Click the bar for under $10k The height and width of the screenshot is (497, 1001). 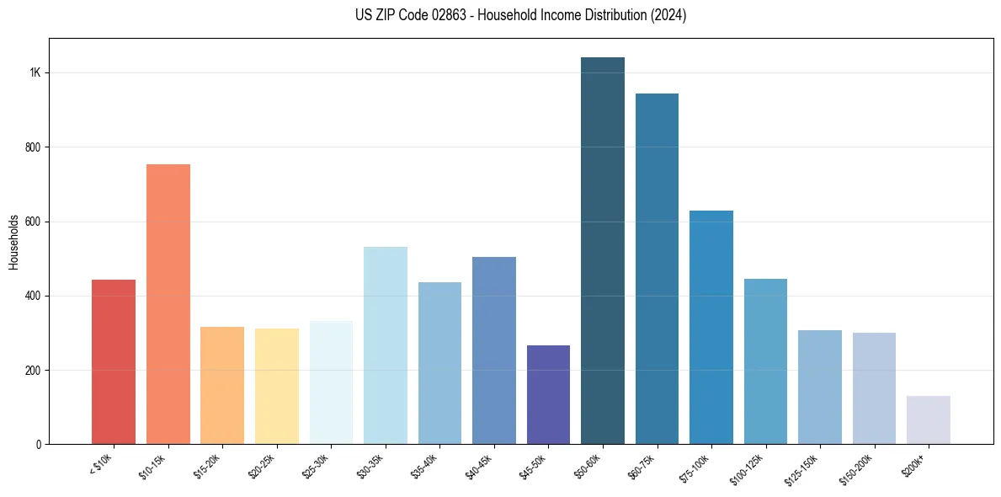click(114, 361)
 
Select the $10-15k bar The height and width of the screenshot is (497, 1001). click(168, 303)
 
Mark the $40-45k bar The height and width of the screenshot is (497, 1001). click(494, 350)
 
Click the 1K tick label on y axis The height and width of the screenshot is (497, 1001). click(35, 73)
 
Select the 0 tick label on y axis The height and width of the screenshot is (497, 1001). click(39, 445)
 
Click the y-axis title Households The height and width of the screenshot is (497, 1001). click(14, 242)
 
